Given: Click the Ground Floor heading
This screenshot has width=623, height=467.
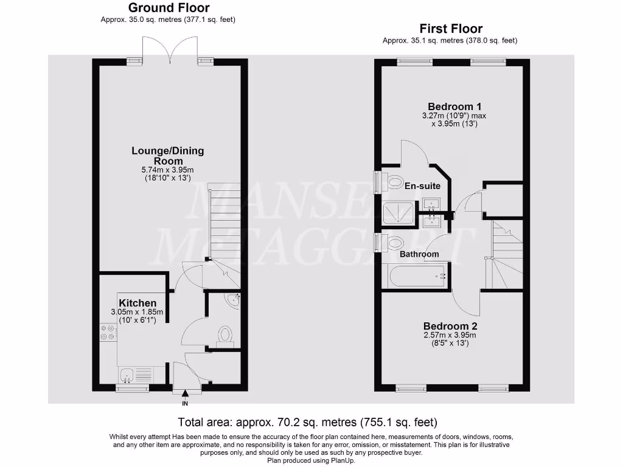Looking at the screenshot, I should pyautogui.click(x=168, y=8).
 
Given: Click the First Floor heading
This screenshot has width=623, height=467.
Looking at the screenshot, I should pyautogui.click(x=451, y=29).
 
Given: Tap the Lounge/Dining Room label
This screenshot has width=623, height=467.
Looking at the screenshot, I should pyautogui.click(x=168, y=156).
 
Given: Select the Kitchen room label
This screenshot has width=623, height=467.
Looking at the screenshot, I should pyautogui.click(x=137, y=303).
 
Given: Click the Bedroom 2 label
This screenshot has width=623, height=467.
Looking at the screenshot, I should pyautogui.click(x=450, y=325).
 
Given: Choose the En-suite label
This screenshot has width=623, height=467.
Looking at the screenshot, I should pyautogui.click(x=423, y=186).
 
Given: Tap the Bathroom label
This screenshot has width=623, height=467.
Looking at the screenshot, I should pyautogui.click(x=419, y=254).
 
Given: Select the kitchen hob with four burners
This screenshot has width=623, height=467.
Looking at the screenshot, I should pyautogui.click(x=108, y=333).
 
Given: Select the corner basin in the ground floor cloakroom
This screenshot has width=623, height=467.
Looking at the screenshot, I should pyautogui.click(x=233, y=300).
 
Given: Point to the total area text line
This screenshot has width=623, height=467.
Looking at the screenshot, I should pyautogui.click(x=307, y=422).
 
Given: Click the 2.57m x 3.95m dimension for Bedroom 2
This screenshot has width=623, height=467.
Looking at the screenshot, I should pyautogui.click(x=450, y=335).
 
